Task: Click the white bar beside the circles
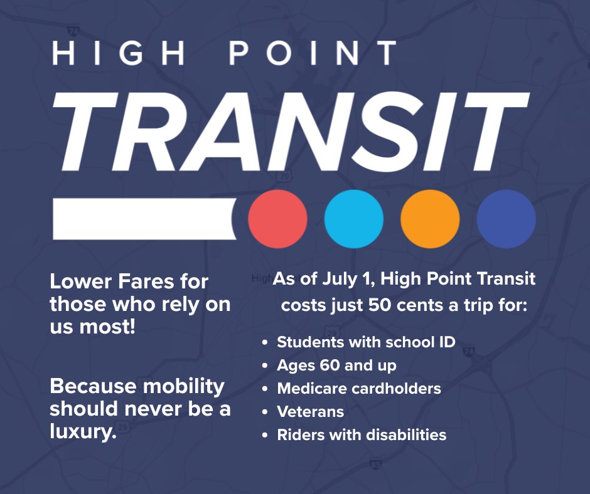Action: pyautogui.click(x=144, y=219)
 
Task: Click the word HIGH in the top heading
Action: pyautogui.click(x=120, y=53)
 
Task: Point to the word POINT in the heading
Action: pyautogui.click(x=313, y=53)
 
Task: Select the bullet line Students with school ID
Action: pyautogui.click(x=366, y=342)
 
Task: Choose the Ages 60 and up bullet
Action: pyautogui.click(x=336, y=365)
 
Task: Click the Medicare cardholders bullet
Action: pyautogui.click(x=359, y=388)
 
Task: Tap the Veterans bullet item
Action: pyautogui.click(x=310, y=411)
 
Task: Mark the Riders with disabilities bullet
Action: pyautogui.click(x=362, y=434)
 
